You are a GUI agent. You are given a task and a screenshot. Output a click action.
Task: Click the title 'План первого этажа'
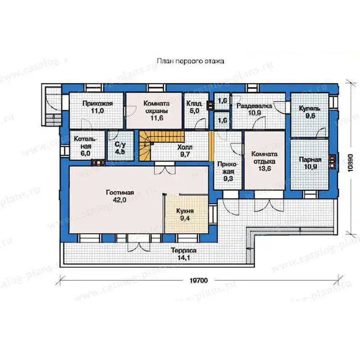190,61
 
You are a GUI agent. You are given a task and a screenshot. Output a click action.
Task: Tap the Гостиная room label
120,193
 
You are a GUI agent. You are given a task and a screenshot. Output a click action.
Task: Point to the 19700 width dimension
199,280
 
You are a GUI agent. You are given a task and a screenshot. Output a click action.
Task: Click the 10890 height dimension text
350,163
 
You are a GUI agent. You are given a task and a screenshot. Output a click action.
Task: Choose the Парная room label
310,160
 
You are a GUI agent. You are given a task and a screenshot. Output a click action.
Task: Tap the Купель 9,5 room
310,115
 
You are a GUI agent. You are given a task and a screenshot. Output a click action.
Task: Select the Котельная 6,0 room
87,145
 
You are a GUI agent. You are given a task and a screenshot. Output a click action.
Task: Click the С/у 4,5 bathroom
121,145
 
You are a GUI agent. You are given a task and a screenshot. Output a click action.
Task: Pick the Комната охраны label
157,107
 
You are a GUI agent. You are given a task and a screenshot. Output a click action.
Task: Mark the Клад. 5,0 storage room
196,111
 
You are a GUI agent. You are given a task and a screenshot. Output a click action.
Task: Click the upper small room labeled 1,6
222,100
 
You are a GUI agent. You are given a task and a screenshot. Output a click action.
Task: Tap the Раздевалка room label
254,106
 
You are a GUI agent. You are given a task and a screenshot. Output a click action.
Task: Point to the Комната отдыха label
265,157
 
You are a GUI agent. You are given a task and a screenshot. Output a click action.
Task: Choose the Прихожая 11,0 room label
98,107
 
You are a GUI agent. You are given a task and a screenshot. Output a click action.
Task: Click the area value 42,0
120,200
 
